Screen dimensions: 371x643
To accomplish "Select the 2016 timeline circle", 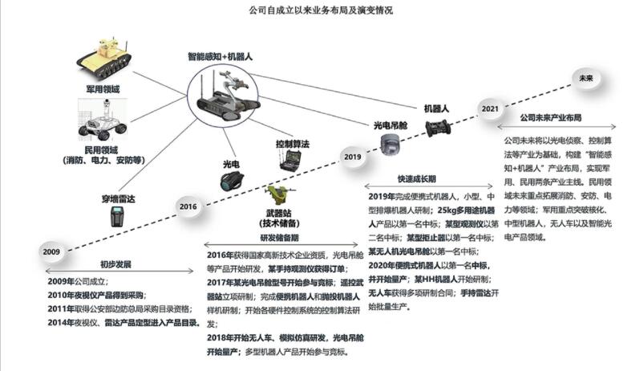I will (188, 206).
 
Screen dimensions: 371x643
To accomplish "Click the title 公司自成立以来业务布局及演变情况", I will (321, 11).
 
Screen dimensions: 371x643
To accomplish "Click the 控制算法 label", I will (293, 144).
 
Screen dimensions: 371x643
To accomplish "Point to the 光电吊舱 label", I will (390, 125).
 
